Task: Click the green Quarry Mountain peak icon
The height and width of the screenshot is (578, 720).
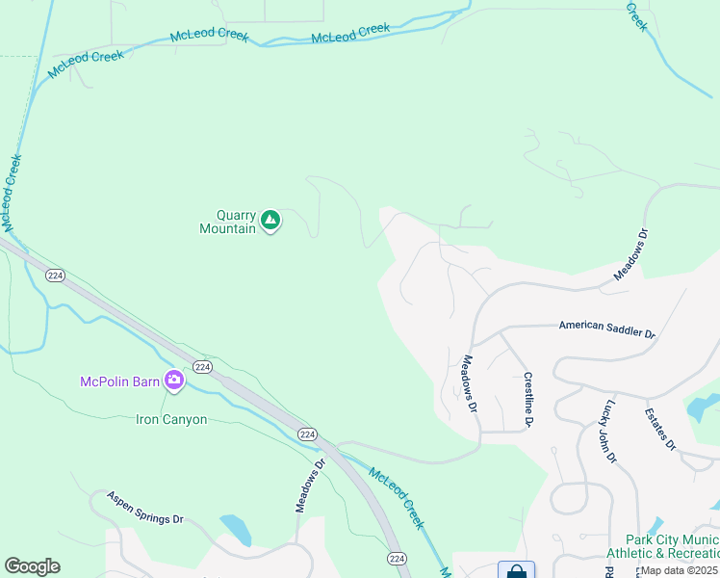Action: point(271,221)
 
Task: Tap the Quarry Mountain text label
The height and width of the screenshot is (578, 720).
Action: point(228,222)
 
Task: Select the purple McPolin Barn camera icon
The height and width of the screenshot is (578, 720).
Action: point(174,381)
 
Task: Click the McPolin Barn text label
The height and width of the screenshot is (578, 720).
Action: point(119,381)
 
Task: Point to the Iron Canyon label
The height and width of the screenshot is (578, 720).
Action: point(170,420)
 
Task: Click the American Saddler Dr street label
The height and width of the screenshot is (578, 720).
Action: point(606,328)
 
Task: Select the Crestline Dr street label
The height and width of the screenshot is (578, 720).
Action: point(527,400)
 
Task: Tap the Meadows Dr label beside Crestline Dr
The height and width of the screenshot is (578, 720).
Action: point(468,384)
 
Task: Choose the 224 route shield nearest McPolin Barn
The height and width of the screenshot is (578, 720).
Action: point(201,367)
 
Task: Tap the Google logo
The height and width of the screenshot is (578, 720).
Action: point(32,566)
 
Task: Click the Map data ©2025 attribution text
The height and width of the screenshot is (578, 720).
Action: point(680,570)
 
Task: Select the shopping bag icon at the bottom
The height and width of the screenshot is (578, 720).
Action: point(516,570)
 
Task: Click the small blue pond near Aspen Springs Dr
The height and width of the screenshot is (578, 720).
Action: point(235,527)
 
